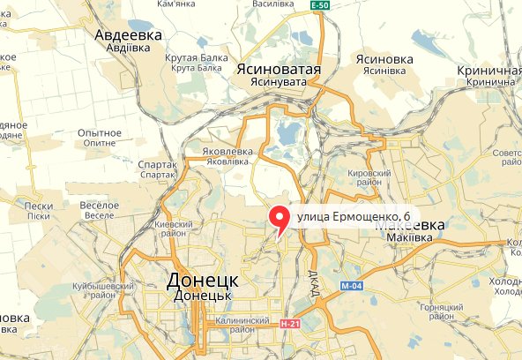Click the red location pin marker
280,218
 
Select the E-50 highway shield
322,5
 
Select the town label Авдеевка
129,35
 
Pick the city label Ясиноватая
277,69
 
